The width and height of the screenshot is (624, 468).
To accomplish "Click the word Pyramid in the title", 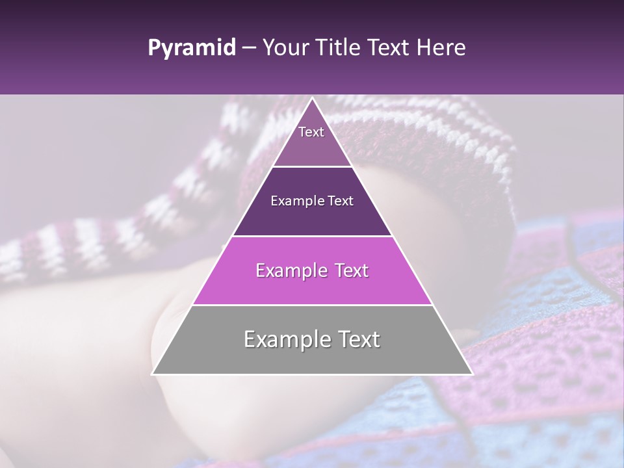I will (192, 48).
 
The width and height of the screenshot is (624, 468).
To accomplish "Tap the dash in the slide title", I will (248, 48).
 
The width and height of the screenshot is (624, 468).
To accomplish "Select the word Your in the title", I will (284, 48).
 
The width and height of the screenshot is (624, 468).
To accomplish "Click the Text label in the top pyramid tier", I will (311, 132).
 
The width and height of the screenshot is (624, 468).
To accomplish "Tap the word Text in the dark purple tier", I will (341, 201).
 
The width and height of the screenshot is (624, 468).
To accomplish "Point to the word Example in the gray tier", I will (283, 339).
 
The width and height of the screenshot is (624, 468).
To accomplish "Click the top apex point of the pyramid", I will (313, 98).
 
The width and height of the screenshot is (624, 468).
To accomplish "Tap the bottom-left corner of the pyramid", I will (153, 374).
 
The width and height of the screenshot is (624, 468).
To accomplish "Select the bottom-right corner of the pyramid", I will (473, 374).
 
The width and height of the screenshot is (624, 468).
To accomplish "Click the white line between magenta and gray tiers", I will (313, 305).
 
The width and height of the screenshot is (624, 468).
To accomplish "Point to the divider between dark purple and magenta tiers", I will (313, 236).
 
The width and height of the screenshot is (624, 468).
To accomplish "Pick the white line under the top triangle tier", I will (313, 166).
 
